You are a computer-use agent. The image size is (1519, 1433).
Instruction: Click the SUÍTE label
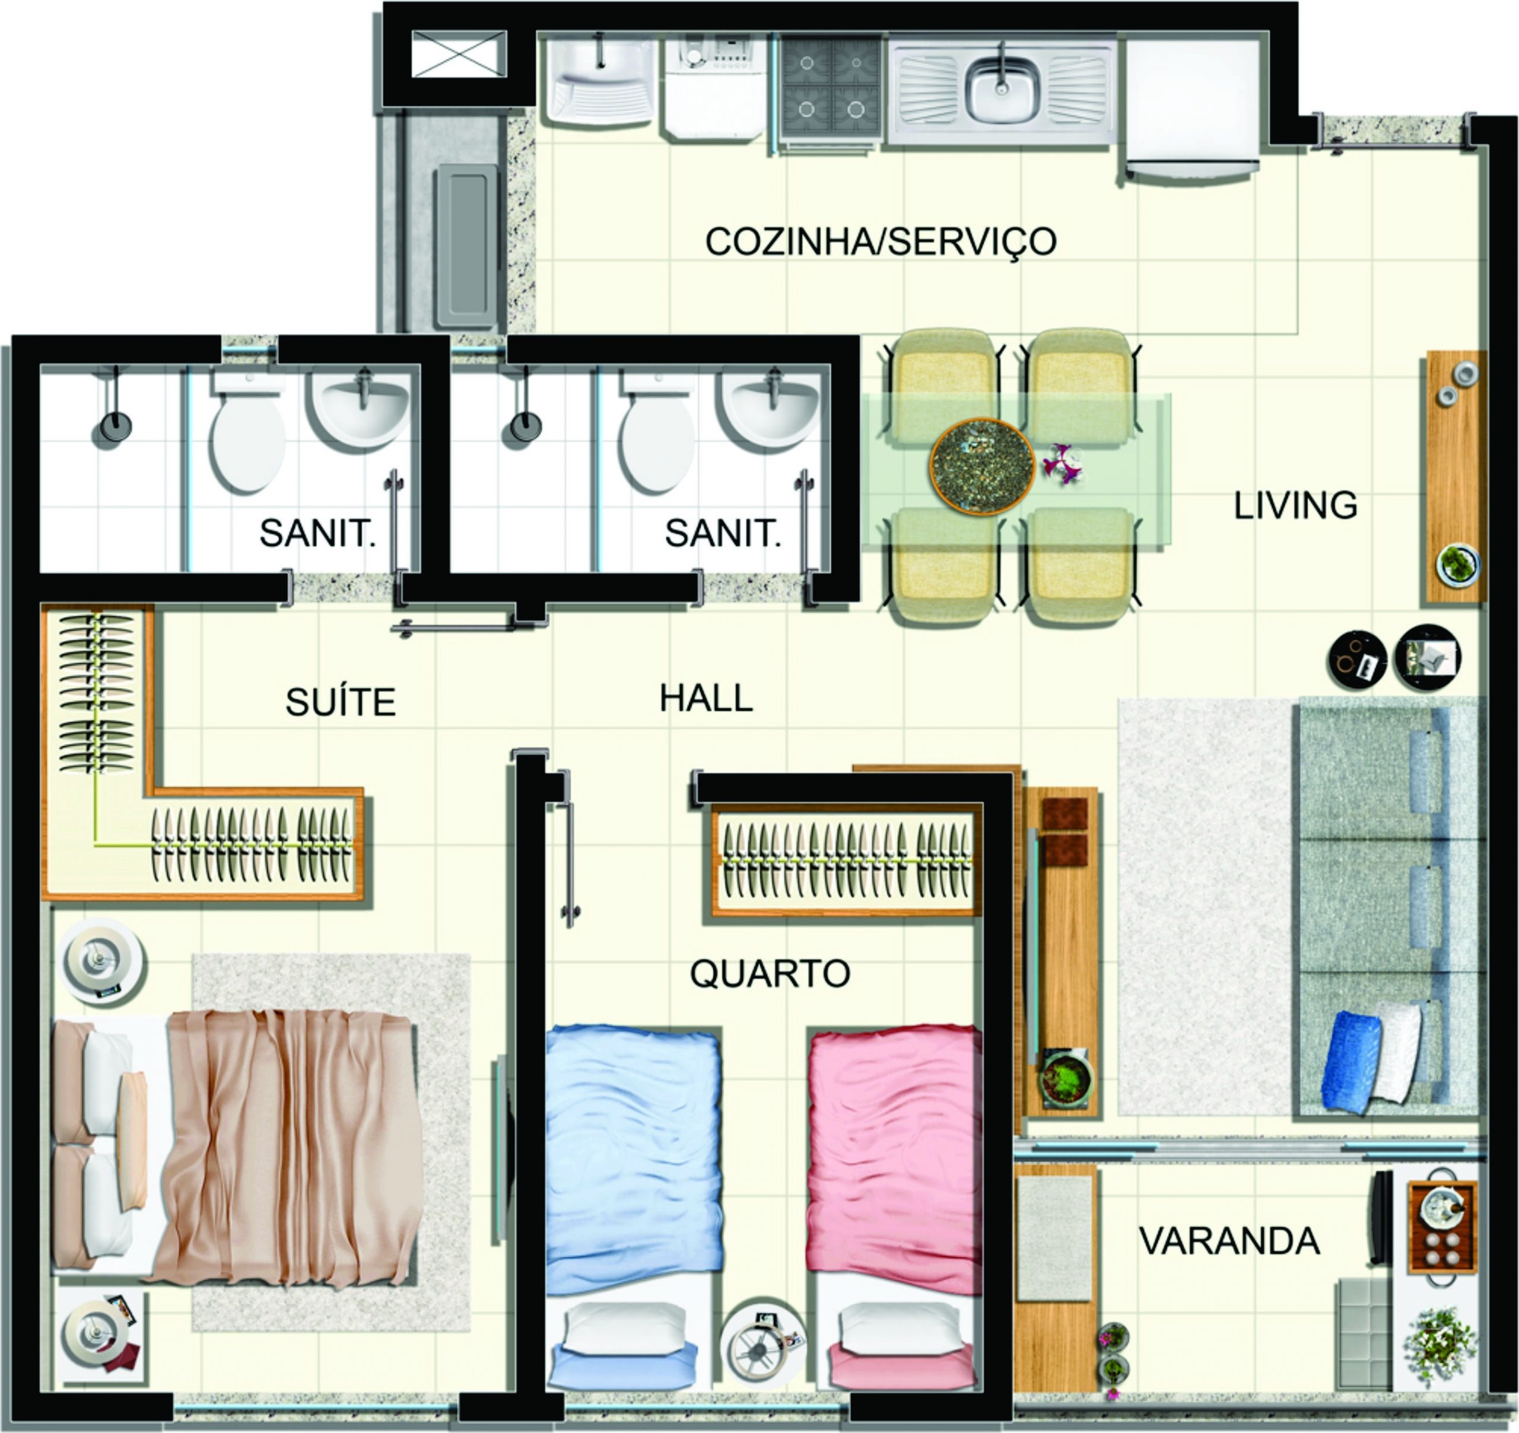coord(341,701)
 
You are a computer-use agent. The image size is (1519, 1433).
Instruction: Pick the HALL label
coord(706,698)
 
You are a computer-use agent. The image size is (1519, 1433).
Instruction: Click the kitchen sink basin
coord(1002,93)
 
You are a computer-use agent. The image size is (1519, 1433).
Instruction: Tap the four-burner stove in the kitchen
coord(831,90)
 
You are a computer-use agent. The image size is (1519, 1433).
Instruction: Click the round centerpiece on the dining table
coord(982,465)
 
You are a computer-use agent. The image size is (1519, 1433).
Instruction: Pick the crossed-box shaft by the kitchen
coord(459,54)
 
